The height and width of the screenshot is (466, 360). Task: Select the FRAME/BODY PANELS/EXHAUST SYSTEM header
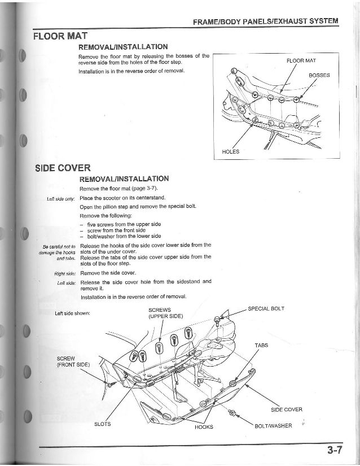pyautogui.click(x=265, y=21)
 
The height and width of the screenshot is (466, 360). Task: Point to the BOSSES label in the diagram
pyautogui.click(x=319, y=75)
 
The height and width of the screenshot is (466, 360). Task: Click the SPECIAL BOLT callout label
pyautogui.click(x=266, y=308)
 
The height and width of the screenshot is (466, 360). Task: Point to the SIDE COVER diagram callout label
pyautogui.click(x=287, y=410)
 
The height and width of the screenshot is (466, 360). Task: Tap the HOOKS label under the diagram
pyautogui.click(x=204, y=427)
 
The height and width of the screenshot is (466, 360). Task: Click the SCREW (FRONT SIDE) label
pyautogui.click(x=73, y=362)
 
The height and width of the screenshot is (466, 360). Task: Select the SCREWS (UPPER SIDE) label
pyautogui.click(x=165, y=313)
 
